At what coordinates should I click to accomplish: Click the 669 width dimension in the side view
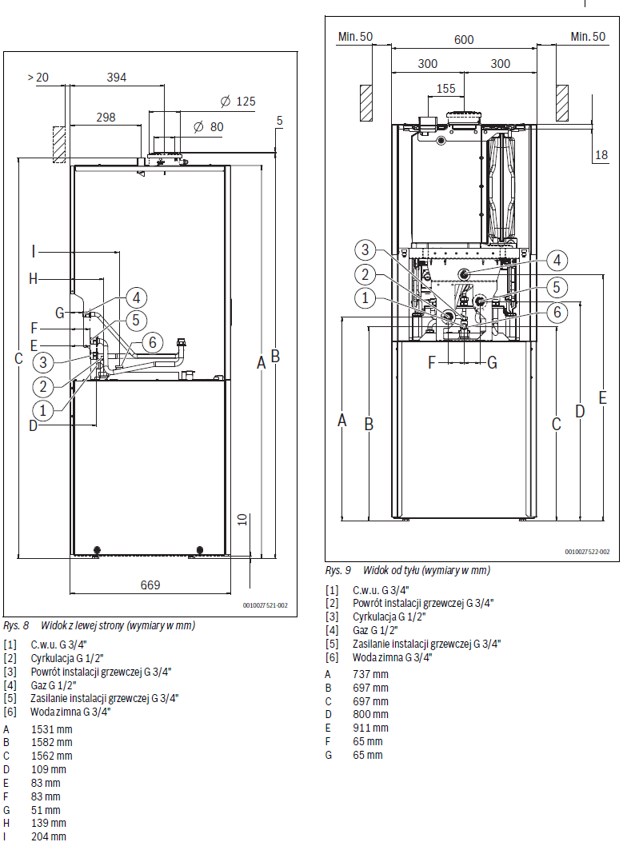[150, 585]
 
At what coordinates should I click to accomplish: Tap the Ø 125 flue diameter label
[238, 102]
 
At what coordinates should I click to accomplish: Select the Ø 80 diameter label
[209, 127]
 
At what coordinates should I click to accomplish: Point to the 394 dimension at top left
[117, 78]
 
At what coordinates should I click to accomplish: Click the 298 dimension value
[106, 117]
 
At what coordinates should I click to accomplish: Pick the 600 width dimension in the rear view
[464, 40]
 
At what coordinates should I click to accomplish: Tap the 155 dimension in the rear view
[446, 88]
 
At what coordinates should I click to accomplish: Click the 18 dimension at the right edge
[601, 155]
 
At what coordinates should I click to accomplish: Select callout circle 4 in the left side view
[136, 298]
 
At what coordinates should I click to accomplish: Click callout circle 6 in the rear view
[557, 312]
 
